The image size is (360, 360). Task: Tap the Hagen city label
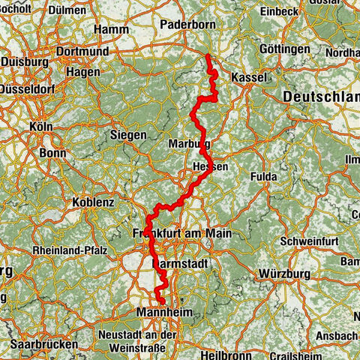point(83,71)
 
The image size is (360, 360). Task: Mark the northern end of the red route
point(207,56)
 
